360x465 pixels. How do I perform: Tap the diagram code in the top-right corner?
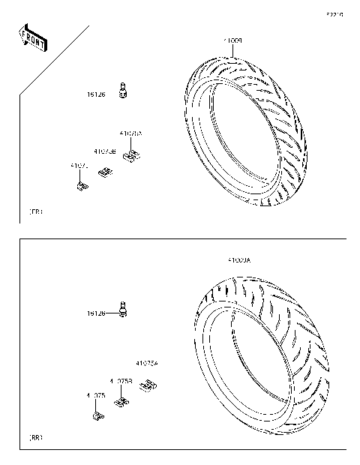point(334,14)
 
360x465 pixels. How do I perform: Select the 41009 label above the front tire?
point(231,38)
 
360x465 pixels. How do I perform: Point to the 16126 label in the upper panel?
point(95,95)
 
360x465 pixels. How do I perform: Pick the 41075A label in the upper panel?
point(130,133)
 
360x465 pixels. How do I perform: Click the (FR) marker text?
point(35,212)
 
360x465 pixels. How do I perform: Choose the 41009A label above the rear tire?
point(239,260)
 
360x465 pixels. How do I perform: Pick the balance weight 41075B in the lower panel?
point(120,400)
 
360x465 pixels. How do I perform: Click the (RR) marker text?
point(35,436)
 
